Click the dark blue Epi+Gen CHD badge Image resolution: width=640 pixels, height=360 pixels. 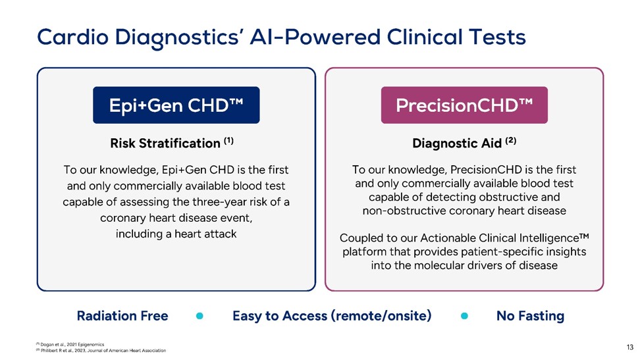(x=176, y=105)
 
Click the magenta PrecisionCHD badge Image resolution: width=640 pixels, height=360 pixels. (x=464, y=105)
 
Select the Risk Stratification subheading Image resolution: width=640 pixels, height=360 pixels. (x=165, y=143)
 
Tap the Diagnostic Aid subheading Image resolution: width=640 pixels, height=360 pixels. (x=457, y=143)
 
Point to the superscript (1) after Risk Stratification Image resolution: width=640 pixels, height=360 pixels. (x=228, y=141)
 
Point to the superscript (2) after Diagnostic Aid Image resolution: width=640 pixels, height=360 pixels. (x=510, y=141)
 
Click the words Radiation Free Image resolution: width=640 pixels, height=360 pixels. (x=122, y=316)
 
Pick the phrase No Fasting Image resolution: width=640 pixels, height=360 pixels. (x=530, y=316)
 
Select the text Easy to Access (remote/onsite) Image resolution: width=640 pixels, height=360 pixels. (x=332, y=316)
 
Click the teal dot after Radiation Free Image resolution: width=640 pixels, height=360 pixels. (x=200, y=316)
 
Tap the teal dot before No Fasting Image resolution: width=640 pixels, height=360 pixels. (x=464, y=316)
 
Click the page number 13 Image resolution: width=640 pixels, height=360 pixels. (x=630, y=347)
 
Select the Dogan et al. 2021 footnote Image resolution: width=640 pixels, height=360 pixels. (x=70, y=344)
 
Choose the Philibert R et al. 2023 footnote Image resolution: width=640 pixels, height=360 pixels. (x=101, y=350)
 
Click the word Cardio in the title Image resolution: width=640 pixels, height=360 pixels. (x=73, y=37)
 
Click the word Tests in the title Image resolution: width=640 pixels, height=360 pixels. (x=497, y=37)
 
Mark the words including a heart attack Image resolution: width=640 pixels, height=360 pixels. (x=176, y=234)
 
